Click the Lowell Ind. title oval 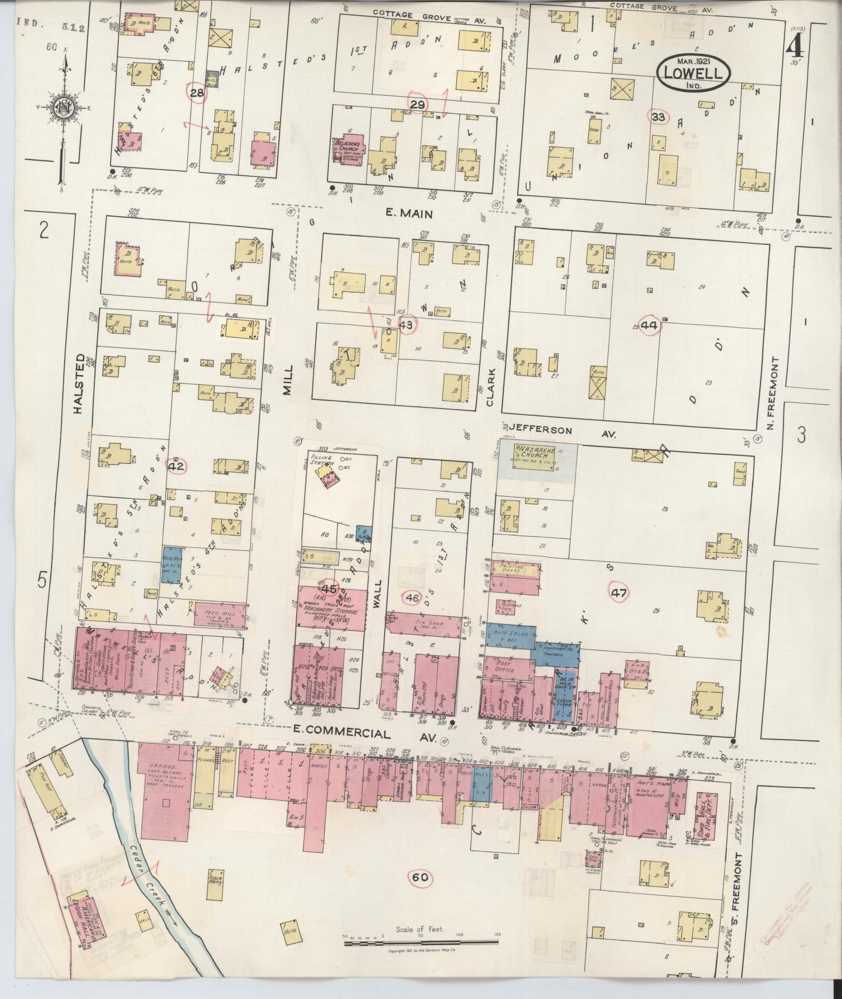pyautogui.click(x=693, y=74)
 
